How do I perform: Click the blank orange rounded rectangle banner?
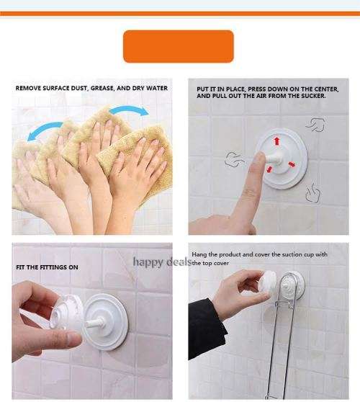click(179, 46)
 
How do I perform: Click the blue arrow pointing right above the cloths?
click(130, 110)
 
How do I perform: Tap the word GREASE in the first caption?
click(102, 88)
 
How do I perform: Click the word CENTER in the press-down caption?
click(325, 89)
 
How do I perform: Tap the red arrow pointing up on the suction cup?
click(276, 141)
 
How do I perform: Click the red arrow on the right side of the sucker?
click(292, 164)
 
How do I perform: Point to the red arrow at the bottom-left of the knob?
click(269, 169)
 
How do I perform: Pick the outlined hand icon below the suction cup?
click(313, 193)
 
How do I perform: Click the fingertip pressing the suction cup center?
click(259, 157)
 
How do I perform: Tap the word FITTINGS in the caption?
click(53, 267)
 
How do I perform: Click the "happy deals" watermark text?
click(163, 262)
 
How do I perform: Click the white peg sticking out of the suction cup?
click(94, 322)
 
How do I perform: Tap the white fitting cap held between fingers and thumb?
click(67, 312)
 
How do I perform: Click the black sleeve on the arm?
click(207, 329)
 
